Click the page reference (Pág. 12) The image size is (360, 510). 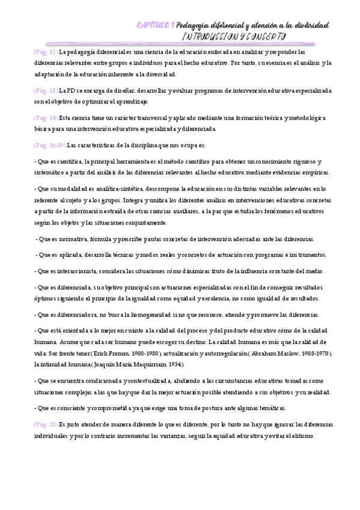click(46, 52)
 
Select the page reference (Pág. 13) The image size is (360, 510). click(46, 90)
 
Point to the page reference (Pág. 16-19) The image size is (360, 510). click(50, 145)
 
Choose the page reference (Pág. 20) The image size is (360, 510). click(46, 424)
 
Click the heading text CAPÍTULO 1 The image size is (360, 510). click(156, 25)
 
